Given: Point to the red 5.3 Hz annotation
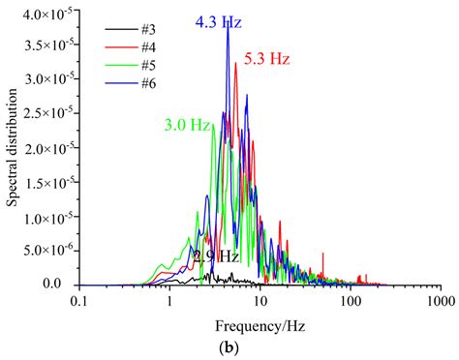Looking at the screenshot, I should [267, 59].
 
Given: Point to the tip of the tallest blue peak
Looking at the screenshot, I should [228, 28].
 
